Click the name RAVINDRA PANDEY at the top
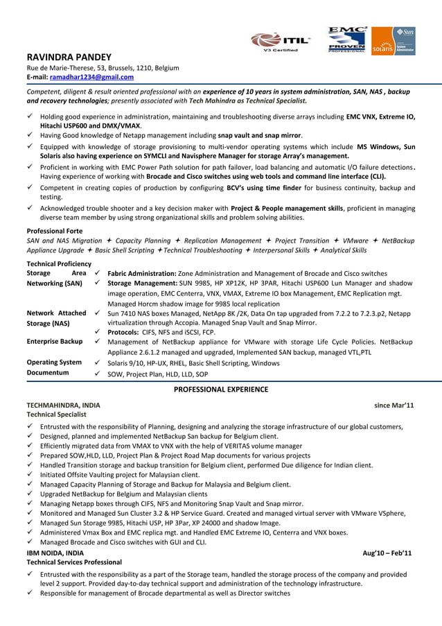pos(68,56)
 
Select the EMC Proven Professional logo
pos(347,40)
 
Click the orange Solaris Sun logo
pos(393,41)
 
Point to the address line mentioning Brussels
pos(103,68)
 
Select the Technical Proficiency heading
pos(59,263)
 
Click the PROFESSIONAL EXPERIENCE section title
pos(220,390)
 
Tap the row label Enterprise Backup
pos(55,341)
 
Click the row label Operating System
pos(54,362)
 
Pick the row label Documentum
pos(47,372)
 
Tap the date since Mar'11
pos(394,405)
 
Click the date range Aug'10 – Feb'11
pos(388,553)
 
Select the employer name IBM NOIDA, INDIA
pos(55,553)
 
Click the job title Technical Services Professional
pos(74,562)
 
